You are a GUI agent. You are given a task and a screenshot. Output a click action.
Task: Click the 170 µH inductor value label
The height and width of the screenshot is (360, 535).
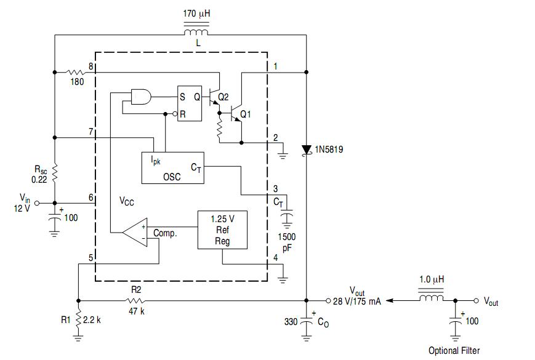click(x=196, y=14)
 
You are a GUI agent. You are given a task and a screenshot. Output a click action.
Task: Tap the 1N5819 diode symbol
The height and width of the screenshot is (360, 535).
click(x=307, y=150)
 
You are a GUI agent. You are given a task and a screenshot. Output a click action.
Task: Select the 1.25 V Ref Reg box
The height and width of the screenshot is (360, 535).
click(x=222, y=230)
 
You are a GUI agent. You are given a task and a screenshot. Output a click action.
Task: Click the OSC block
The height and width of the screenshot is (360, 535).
click(x=172, y=168)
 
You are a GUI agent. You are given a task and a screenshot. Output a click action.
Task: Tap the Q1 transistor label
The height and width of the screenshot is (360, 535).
click(x=245, y=114)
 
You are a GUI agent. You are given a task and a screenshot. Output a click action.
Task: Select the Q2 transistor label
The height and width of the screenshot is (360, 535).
click(x=223, y=97)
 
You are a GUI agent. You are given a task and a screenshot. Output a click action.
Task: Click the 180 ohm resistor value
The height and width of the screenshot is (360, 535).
click(x=77, y=82)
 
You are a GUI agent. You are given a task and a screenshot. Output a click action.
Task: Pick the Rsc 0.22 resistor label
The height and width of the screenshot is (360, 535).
click(x=40, y=174)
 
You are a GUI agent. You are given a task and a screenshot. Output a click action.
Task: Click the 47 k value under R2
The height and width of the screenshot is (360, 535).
click(x=137, y=311)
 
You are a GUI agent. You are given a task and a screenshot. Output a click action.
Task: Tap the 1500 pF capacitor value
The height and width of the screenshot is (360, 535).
click(x=287, y=242)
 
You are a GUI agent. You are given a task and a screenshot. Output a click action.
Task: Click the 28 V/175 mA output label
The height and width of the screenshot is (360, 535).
click(x=357, y=302)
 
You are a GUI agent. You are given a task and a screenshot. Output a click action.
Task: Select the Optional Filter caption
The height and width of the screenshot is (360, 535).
click(x=454, y=350)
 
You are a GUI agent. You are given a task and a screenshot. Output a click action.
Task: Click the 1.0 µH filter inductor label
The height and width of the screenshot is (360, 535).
click(x=432, y=279)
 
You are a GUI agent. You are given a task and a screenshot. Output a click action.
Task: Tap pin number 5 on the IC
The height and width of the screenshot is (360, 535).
click(x=91, y=258)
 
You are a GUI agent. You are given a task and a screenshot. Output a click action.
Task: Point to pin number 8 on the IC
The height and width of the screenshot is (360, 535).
click(x=91, y=66)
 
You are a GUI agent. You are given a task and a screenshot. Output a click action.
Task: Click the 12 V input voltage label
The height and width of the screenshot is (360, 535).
click(x=22, y=208)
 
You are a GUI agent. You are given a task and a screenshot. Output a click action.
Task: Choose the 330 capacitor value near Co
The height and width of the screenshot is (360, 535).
click(x=291, y=321)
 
